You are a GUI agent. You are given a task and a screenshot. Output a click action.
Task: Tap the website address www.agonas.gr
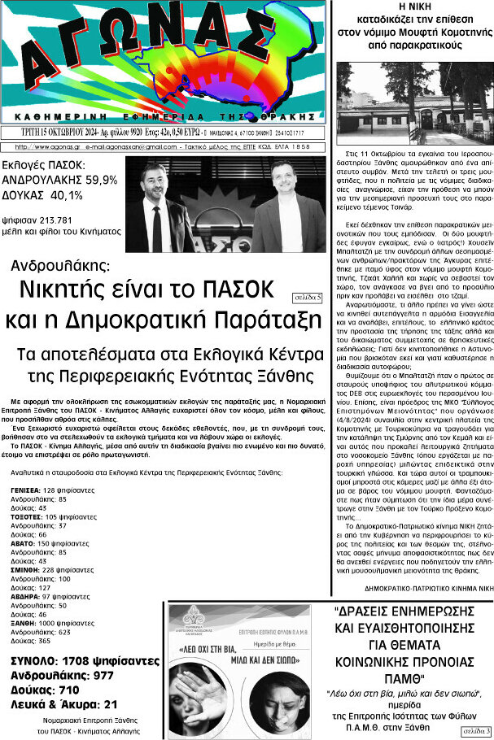coord(46,146)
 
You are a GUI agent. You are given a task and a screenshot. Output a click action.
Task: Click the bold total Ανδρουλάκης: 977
coord(62,675)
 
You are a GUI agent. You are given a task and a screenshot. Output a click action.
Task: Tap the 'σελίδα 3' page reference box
coord(476,732)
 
